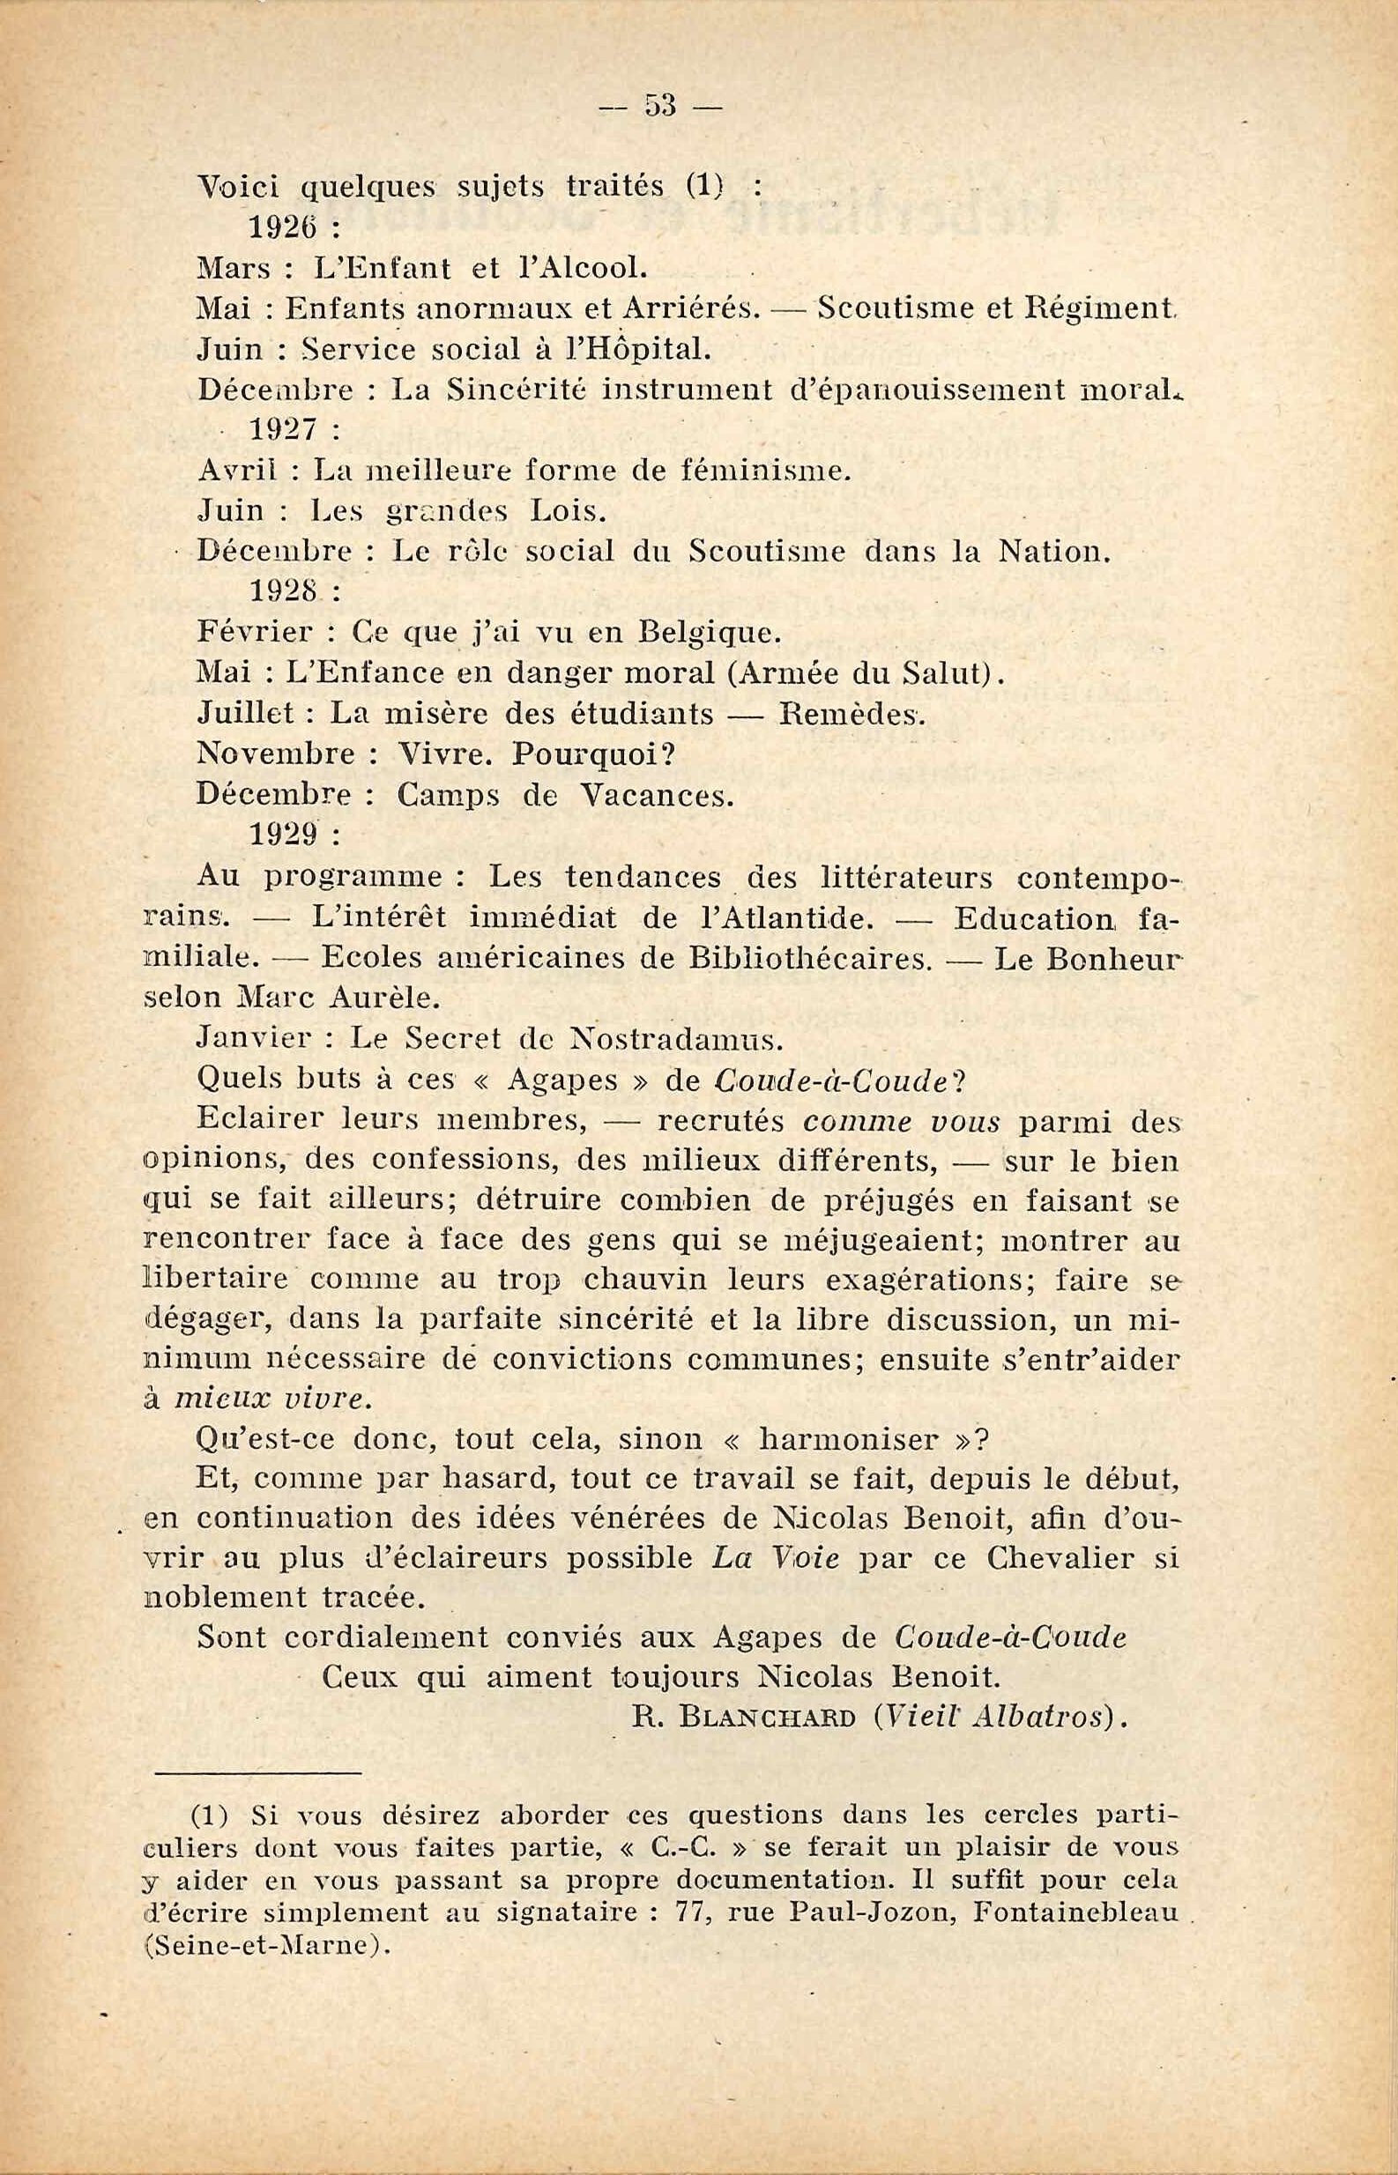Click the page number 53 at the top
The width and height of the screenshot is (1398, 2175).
click(660, 106)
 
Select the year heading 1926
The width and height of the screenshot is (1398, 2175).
click(281, 227)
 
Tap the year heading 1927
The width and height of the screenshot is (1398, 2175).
click(281, 430)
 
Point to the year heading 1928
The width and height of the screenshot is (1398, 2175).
click(281, 591)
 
